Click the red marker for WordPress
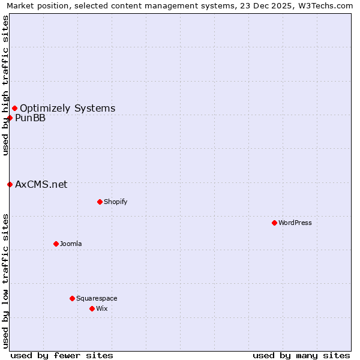point(274,223)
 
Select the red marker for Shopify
point(100,202)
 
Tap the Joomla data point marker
point(56,244)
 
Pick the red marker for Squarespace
point(72,298)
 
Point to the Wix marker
point(92,308)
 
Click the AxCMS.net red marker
point(10,184)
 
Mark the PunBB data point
point(10,118)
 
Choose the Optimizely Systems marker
point(14,108)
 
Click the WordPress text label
point(295,223)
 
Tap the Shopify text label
point(115,202)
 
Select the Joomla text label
point(71,244)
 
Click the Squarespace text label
point(97,298)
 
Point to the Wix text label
point(101,308)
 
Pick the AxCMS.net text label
point(41,184)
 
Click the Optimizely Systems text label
point(67,108)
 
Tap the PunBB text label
point(30,118)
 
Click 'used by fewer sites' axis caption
point(62,355)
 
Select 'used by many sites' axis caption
point(301,355)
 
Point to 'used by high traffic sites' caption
point(5,85)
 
